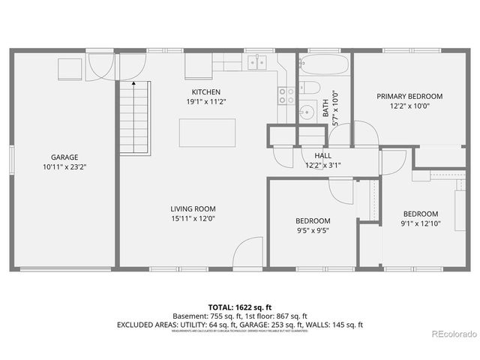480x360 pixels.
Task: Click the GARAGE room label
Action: pyautogui.click(x=64, y=157)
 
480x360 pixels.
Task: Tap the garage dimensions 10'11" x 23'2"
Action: pyautogui.click(x=64, y=168)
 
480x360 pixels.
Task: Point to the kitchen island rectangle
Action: pyautogui.click(x=206, y=132)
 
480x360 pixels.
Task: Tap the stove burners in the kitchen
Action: pyautogui.click(x=286, y=94)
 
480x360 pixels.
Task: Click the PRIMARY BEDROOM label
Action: pyautogui.click(x=409, y=96)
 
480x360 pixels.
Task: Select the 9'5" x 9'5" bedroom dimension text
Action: pyautogui.click(x=313, y=230)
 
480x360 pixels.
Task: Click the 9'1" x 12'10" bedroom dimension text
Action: pyautogui.click(x=420, y=223)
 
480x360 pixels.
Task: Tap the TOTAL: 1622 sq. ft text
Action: pyautogui.click(x=239, y=307)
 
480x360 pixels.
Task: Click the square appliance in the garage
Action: pyautogui.click(x=70, y=69)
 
